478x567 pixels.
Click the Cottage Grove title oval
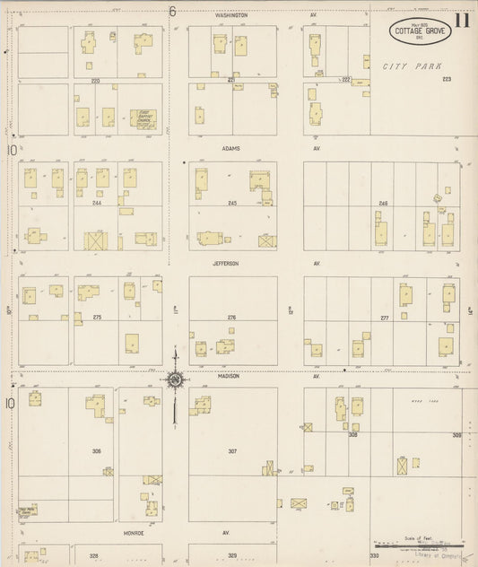tap(420, 30)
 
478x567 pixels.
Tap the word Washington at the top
tap(231, 15)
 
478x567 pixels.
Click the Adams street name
tap(231, 148)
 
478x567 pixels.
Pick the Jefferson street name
tap(226, 263)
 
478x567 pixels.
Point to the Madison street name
tap(228, 376)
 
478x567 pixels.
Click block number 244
tap(97, 203)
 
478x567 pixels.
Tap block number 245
tap(232, 203)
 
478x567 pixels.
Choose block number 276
tap(231, 317)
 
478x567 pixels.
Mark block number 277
tap(385, 318)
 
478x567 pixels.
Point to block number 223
tap(447, 79)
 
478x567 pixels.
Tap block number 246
tap(383, 204)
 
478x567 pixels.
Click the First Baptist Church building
tap(143, 117)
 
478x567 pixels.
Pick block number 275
tap(97, 317)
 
